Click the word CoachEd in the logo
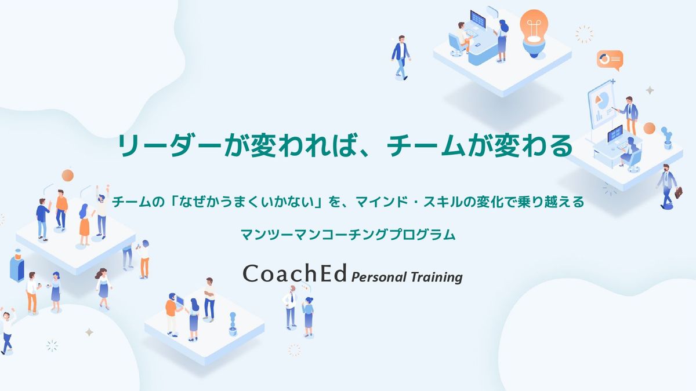pos(295,273)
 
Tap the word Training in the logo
pos(437,277)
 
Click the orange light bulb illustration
pos(534,33)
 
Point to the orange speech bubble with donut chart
pos(610,60)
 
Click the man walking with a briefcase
pos(668,187)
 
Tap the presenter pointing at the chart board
pos(628,115)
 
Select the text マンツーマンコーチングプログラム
pos(348,234)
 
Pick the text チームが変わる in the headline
pos(480,146)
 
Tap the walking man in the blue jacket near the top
pos(401,57)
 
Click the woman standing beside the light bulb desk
pos(502,41)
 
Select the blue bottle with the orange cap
pos(17,266)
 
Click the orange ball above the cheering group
pos(67,176)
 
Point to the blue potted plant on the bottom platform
pos(233,324)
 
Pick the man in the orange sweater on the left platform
pos(61,210)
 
